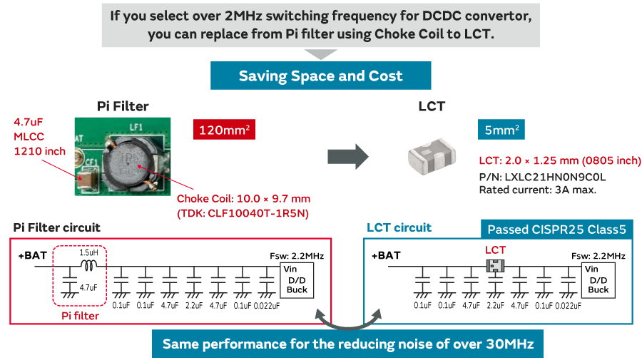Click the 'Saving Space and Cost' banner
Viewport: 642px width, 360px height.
click(320, 76)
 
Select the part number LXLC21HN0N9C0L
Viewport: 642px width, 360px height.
click(543, 176)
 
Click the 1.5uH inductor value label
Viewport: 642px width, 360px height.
click(89, 252)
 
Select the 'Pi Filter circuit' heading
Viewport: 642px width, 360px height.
click(57, 227)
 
